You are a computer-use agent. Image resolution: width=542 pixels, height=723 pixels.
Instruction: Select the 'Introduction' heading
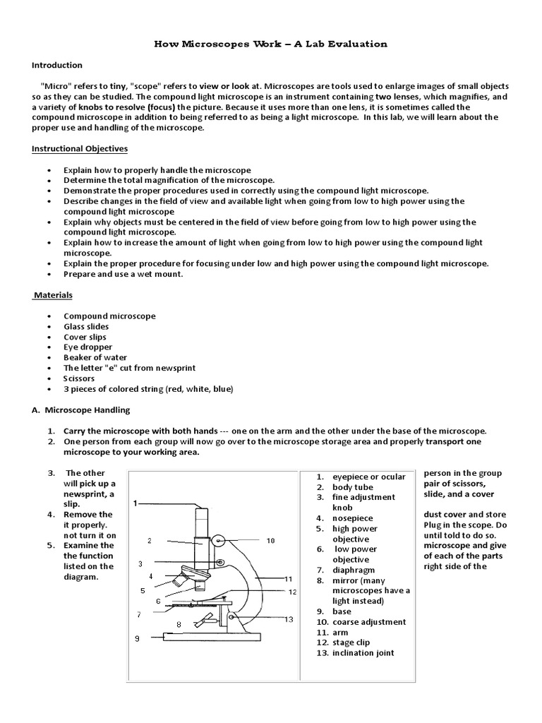[x=57, y=65]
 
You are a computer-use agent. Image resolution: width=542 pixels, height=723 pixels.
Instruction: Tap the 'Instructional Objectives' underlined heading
[x=80, y=149]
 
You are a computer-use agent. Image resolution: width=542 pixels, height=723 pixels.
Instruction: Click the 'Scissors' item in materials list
[x=79, y=378]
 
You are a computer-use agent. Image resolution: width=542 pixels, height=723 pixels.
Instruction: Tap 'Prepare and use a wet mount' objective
[x=124, y=274]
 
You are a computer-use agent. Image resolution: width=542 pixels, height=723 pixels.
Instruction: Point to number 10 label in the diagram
[x=270, y=541]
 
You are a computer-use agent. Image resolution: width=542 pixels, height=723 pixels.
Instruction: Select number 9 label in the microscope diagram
[x=138, y=638]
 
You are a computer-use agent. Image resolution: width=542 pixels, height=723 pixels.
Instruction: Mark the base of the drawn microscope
[x=212, y=636]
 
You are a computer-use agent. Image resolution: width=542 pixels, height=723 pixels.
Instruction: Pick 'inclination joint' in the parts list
[x=363, y=653]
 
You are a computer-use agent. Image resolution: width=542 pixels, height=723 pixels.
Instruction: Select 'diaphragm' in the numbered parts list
[x=354, y=570]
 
